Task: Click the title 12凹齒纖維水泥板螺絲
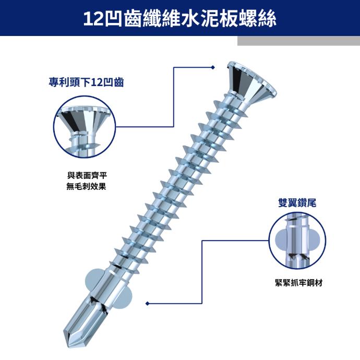pyautogui.click(x=179, y=19)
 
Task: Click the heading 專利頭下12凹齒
pyautogui.click(x=86, y=82)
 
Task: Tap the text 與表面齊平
pyautogui.click(x=87, y=176)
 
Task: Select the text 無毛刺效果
pyautogui.click(x=86, y=186)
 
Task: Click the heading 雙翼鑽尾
pyautogui.click(x=297, y=203)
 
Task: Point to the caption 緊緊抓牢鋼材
pyautogui.click(x=299, y=283)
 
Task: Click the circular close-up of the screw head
pyautogui.click(x=85, y=127)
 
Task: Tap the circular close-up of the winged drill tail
pyautogui.click(x=297, y=241)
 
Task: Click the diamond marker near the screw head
pyautogui.click(x=213, y=67)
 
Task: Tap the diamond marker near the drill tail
pyautogui.click(x=148, y=304)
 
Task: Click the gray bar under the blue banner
pyautogui.click(x=299, y=41)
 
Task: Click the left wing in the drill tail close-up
pyautogui.click(x=281, y=239)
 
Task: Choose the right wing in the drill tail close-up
pyautogui.click(x=314, y=239)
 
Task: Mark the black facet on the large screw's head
pyautogui.click(x=236, y=79)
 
